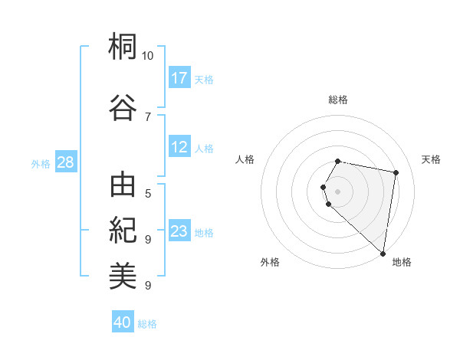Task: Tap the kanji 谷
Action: pyautogui.click(x=123, y=106)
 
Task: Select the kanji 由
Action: pyautogui.click(x=123, y=186)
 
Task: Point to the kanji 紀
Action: pyautogui.click(x=123, y=229)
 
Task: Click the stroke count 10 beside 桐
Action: pyautogui.click(x=148, y=56)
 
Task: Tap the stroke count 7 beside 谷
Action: pyautogui.click(x=148, y=116)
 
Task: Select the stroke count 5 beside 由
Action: pyautogui.click(x=148, y=194)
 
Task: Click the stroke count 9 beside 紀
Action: pyautogui.click(x=148, y=239)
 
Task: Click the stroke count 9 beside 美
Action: pyautogui.click(x=148, y=285)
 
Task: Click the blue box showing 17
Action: pyautogui.click(x=179, y=78)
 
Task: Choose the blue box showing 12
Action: pyautogui.click(x=179, y=147)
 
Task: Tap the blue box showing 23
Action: pyautogui.click(x=179, y=231)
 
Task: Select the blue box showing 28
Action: pyautogui.click(x=65, y=162)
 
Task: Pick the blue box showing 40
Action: pyautogui.click(x=123, y=322)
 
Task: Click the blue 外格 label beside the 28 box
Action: pyautogui.click(x=41, y=164)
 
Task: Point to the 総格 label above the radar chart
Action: pyautogui.click(x=338, y=100)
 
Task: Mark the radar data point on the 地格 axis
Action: pyautogui.click(x=383, y=254)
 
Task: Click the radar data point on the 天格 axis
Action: pyautogui.click(x=396, y=172)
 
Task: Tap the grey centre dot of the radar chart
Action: pyautogui.click(x=338, y=191)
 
